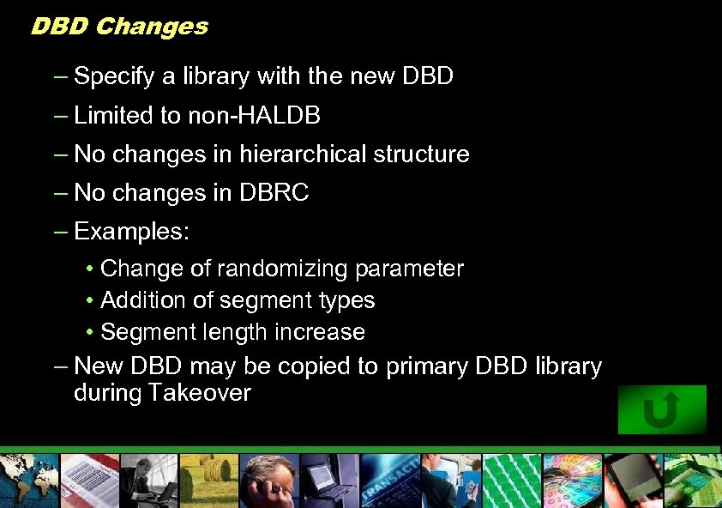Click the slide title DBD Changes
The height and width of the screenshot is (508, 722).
pyautogui.click(x=119, y=26)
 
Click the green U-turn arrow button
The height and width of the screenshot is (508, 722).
pyautogui.click(x=662, y=409)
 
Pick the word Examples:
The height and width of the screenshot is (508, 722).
pyautogui.click(x=133, y=233)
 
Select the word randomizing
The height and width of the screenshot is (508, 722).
pyautogui.click(x=282, y=269)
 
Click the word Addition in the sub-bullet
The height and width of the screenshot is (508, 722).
pyautogui.click(x=140, y=300)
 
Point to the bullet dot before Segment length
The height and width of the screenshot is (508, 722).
pyautogui.click(x=90, y=333)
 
